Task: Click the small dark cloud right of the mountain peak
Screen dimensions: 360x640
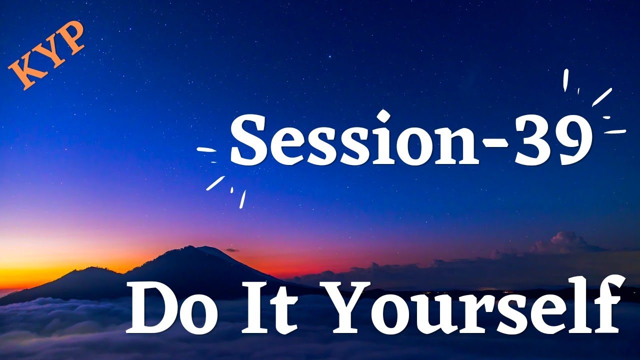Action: coord(231,249)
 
